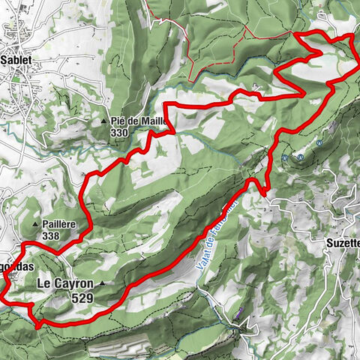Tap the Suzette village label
click(343, 244)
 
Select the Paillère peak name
click(60, 224)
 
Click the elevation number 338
click(51, 236)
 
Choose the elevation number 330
click(118, 133)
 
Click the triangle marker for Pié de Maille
click(103, 121)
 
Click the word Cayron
click(74, 284)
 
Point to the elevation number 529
click(82, 297)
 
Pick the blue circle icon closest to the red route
click(286, 157)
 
